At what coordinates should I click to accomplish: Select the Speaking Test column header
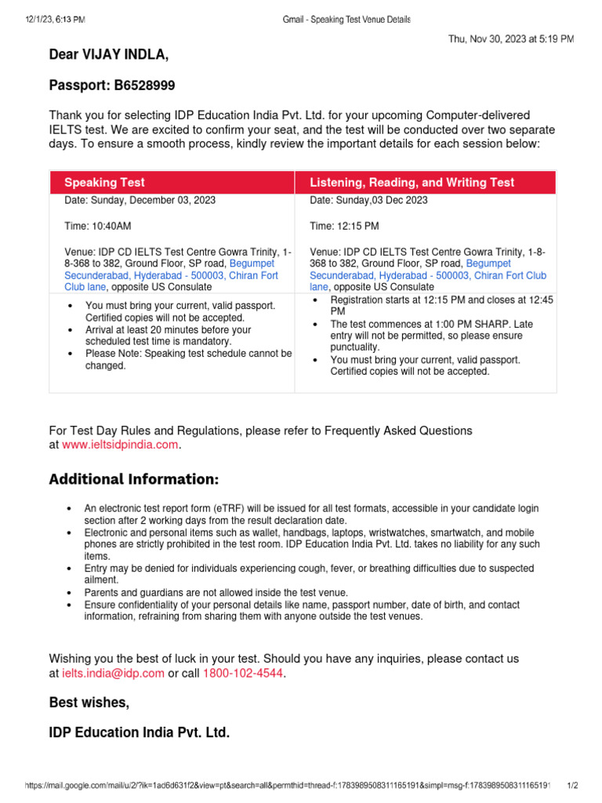104,182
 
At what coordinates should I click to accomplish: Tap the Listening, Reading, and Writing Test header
412,182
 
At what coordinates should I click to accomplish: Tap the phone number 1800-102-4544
239,673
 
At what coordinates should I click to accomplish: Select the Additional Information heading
134,479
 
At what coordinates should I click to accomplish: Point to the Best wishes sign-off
89,703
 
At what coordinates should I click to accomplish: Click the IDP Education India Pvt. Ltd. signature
140,733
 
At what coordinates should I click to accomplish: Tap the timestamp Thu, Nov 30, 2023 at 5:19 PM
510,38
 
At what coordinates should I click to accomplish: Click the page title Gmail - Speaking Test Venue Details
346,19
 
